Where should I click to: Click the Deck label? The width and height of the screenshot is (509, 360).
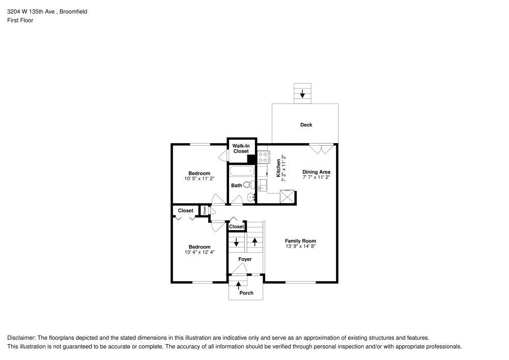(306, 125)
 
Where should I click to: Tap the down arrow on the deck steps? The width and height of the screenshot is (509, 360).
(303, 93)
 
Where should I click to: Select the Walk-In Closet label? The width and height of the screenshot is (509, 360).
(241, 149)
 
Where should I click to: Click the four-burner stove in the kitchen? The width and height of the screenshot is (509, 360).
(263, 156)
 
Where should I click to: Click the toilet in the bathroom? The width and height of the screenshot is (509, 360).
(248, 185)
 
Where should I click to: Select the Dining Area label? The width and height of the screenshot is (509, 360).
(316, 172)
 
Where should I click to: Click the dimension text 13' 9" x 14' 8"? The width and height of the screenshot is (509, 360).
(300, 246)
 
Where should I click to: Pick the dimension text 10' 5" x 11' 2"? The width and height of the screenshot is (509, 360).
(199, 179)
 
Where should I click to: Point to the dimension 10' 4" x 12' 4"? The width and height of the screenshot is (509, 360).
(199, 253)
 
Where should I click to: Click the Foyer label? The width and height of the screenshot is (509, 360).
(245, 259)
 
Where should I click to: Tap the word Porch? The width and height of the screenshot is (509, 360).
(246, 293)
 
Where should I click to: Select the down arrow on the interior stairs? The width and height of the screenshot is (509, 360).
(236, 242)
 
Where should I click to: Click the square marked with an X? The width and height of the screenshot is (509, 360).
(288, 196)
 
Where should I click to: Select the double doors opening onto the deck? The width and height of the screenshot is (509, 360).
(322, 148)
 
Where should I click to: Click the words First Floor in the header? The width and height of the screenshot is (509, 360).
(20, 20)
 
